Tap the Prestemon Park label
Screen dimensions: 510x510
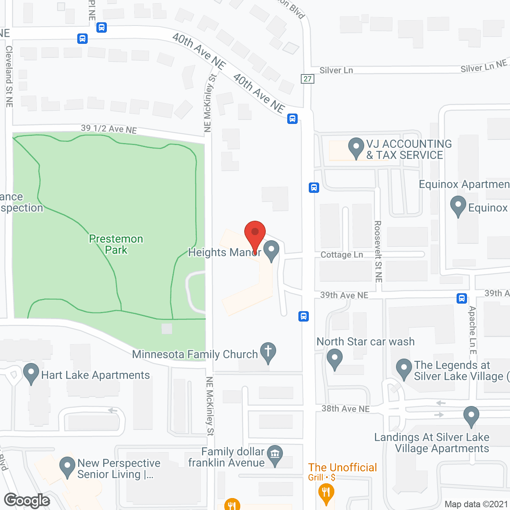116,244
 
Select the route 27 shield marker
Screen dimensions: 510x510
307,78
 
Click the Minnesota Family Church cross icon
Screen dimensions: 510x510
268,352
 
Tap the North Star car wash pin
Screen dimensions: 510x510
334,358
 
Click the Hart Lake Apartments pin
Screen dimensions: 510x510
31,374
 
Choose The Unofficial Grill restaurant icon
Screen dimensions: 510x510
326,492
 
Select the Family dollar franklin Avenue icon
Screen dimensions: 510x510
275,455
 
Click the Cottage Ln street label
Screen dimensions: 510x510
342,255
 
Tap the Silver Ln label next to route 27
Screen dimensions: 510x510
336,71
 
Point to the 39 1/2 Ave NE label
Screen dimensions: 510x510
109,129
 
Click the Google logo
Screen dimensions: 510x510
27,500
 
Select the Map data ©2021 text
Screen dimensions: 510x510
476,504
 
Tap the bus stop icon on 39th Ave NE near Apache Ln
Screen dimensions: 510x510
462,298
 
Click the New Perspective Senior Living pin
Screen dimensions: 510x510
67,467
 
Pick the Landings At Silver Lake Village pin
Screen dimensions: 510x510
471,416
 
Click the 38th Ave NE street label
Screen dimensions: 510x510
345,408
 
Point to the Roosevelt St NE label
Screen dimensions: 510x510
378,252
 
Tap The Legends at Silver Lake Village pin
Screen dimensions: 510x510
404,369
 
